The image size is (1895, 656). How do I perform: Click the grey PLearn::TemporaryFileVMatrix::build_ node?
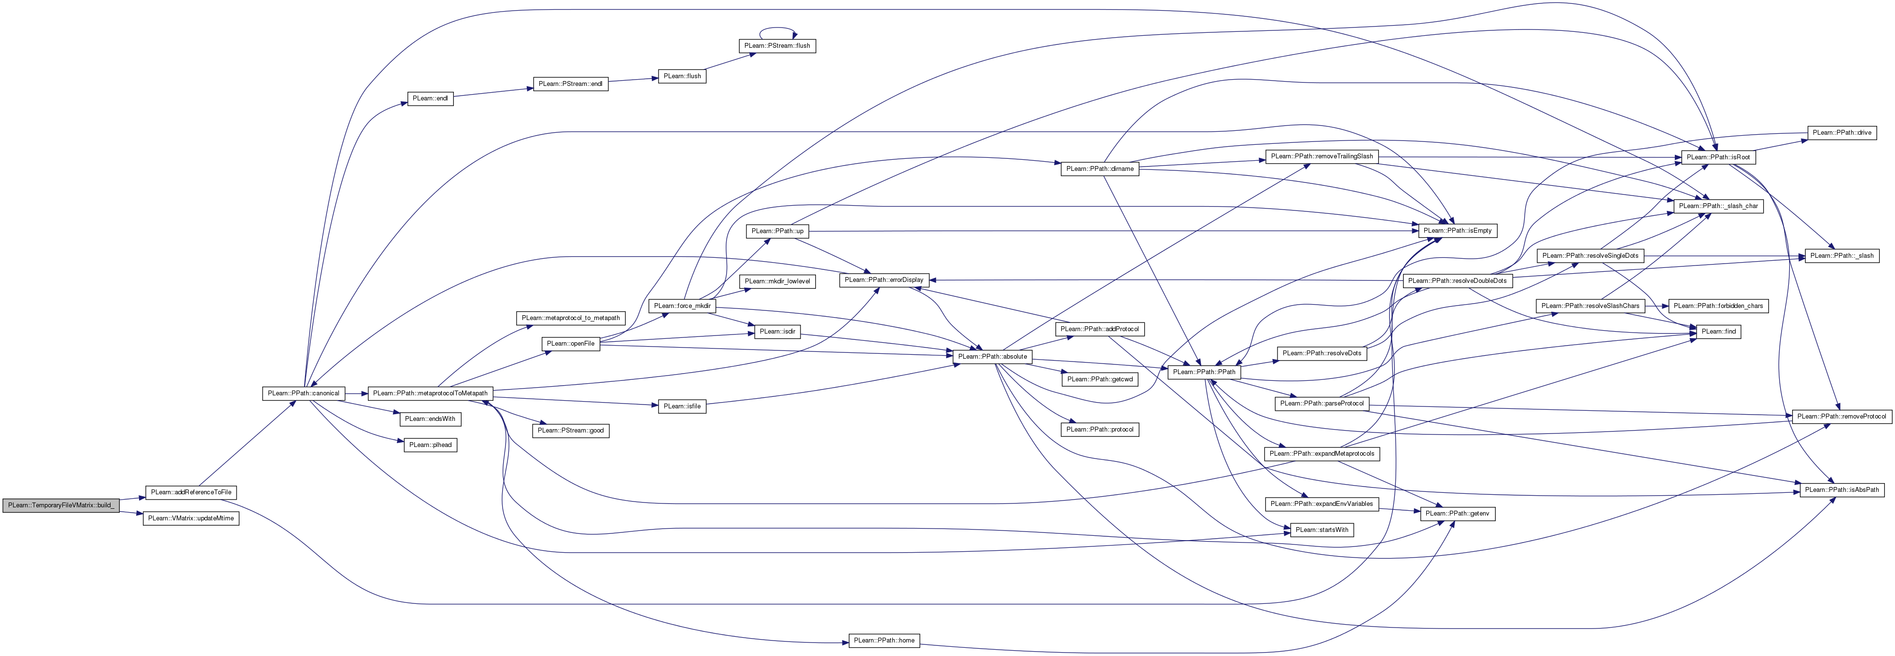click(x=61, y=506)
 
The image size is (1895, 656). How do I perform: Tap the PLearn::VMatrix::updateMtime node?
click(x=191, y=518)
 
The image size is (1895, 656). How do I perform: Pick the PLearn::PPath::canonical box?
click(x=304, y=393)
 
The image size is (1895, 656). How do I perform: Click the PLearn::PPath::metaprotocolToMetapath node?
click(x=430, y=393)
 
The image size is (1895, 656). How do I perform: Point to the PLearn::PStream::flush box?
click(x=777, y=45)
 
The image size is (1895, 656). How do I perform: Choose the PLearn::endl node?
click(x=430, y=98)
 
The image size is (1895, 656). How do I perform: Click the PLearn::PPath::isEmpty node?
click(x=1457, y=231)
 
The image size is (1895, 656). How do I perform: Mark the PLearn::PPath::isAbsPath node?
click(x=1842, y=490)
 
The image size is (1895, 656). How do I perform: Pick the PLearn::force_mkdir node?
click(x=682, y=306)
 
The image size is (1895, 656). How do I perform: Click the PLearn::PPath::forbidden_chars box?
click(x=1718, y=306)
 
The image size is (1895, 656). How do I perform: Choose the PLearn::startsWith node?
click(x=1322, y=530)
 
